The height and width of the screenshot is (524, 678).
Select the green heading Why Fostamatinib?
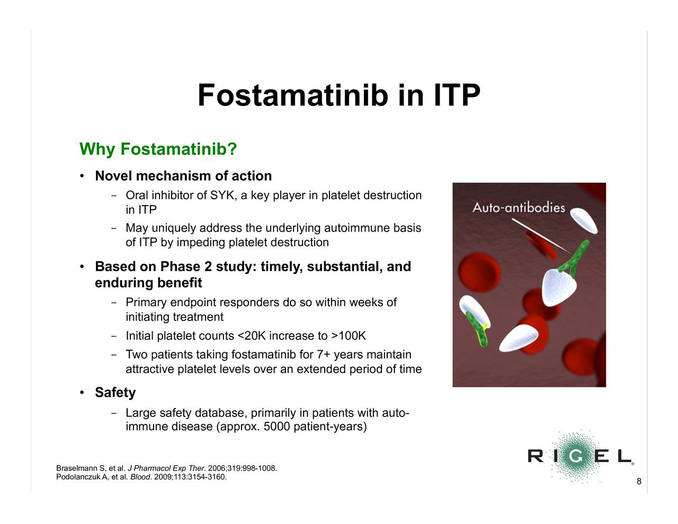coord(158,149)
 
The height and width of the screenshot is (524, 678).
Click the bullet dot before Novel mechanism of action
coord(82,176)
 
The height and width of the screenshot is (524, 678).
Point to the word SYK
coord(222,195)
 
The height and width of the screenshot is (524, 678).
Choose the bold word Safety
coord(115,393)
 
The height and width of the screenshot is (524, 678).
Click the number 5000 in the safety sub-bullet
coord(276,427)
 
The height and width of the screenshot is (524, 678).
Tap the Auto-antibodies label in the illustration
coord(519,208)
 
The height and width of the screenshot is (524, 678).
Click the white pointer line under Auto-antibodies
coord(541,236)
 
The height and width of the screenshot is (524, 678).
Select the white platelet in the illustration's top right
coord(584,220)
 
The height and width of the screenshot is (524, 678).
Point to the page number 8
coord(639,481)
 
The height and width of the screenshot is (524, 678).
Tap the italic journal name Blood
coord(140,477)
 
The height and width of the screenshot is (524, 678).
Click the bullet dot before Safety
coord(82,393)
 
